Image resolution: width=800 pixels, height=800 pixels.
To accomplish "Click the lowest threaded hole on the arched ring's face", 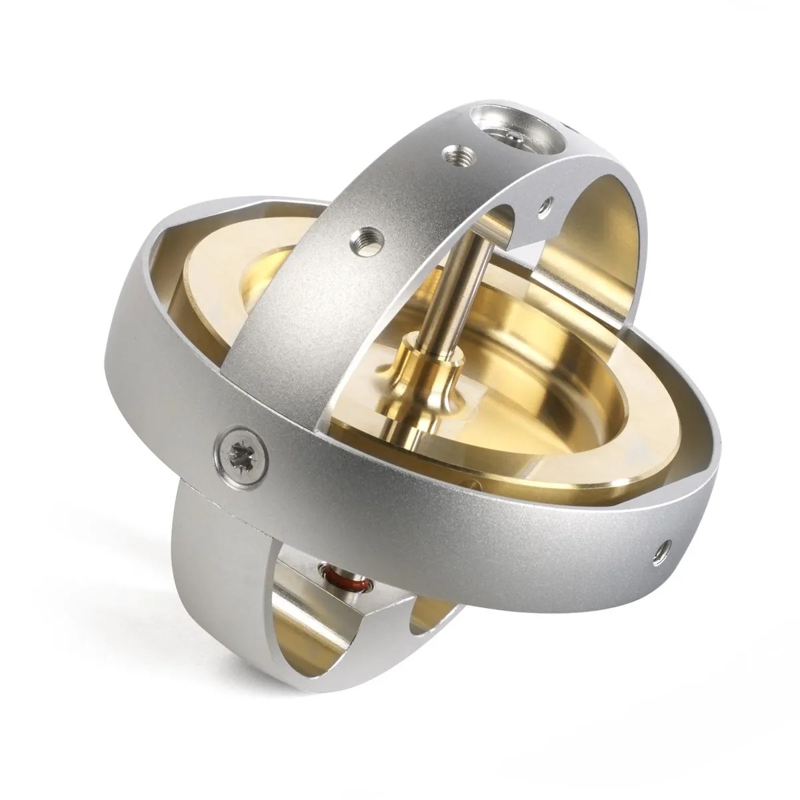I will [364, 236].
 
